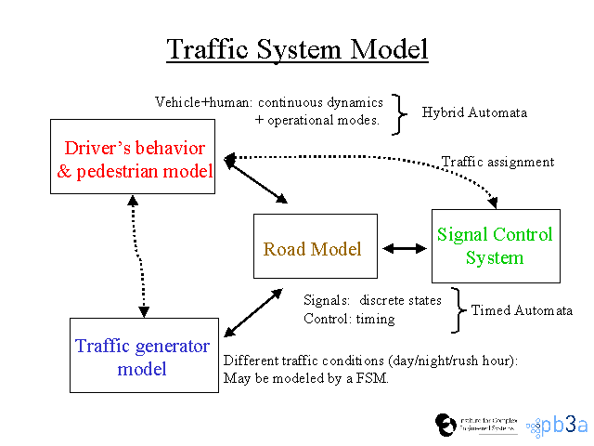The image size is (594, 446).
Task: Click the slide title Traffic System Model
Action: point(297,48)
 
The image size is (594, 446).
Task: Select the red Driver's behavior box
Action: point(133,160)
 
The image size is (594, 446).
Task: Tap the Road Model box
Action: point(316,247)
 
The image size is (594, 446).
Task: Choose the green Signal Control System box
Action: point(496,245)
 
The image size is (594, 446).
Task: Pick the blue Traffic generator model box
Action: point(142,356)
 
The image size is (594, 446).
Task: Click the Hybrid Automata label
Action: point(474,112)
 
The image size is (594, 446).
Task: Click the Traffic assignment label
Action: point(497,162)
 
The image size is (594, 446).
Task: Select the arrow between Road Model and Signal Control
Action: point(404,248)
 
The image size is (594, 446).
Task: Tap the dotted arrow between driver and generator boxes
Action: point(138,256)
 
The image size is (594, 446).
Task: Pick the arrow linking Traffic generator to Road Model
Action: point(252,311)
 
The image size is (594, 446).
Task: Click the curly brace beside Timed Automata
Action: point(458,309)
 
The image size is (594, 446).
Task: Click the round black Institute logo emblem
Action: point(445,424)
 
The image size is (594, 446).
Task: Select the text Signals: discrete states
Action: point(372,300)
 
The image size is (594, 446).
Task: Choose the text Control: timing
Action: point(349,319)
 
